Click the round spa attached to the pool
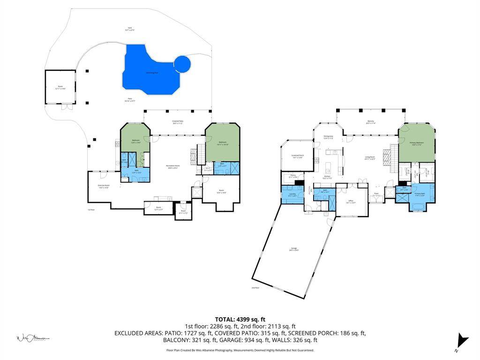click(182, 64)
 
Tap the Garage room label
click(294, 249)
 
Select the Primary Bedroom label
click(417, 143)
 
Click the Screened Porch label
click(298, 156)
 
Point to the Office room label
click(351, 201)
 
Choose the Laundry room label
click(292, 194)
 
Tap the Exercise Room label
click(104, 186)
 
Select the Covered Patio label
click(178, 122)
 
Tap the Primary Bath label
click(420, 194)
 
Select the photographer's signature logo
click(33, 337)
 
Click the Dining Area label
click(328, 137)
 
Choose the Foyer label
click(376, 193)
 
